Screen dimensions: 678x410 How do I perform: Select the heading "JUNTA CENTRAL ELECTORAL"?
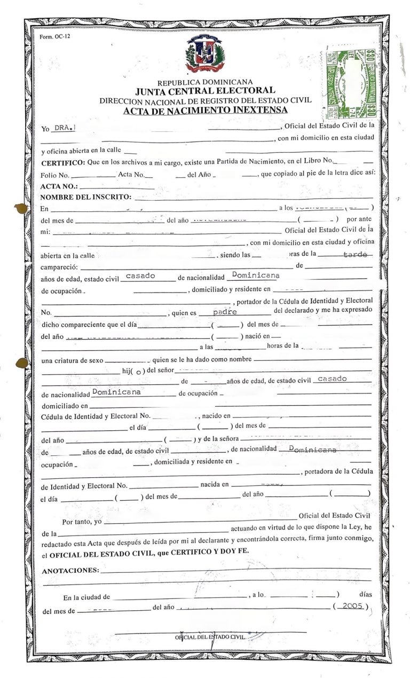(x=205, y=91)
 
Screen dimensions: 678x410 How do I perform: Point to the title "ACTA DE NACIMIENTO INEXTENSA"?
(x=205, y=111)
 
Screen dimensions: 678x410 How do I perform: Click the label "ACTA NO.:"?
(x=59, y=186)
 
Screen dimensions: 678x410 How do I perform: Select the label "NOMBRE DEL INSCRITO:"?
(x=85, y=197)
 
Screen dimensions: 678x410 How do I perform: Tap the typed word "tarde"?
(x=354, y=255)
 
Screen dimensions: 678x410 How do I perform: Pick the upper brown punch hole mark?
(x=21, y=208)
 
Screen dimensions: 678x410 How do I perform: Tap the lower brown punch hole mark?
(x=21, y=364)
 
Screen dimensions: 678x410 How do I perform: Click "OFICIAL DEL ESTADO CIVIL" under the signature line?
(x=210, y=637)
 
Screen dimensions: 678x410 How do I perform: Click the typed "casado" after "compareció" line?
(x=140, y=276)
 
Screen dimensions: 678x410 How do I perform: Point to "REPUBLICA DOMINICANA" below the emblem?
(x=205, y=82)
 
